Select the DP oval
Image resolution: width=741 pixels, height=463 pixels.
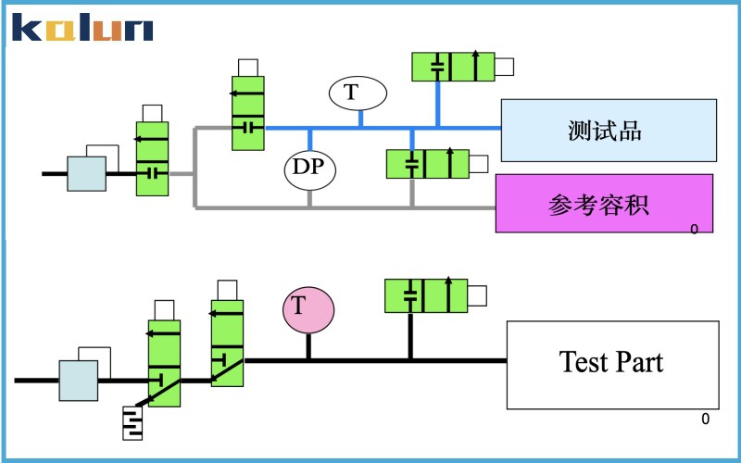[309, 169]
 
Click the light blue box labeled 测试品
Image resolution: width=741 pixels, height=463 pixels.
[609, 131]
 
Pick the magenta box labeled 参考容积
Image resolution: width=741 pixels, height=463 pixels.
[604, 203]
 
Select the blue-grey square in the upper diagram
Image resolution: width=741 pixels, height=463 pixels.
[86, 173]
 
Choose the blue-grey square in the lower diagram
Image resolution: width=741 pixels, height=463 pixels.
[79, 381]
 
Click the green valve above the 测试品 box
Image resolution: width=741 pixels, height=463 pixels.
[453, 66]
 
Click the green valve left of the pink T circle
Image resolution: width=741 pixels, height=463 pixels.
[227, 342]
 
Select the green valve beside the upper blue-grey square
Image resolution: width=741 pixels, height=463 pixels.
[152, 157]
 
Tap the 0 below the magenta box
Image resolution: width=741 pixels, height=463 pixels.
[694, 228]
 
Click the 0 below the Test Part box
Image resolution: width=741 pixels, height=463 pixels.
[705, 419]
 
